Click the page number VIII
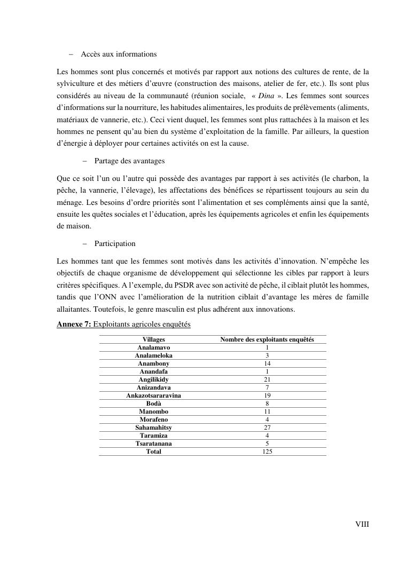(362, 524)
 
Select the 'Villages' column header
(153, 339)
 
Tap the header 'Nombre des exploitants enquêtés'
(267, 339)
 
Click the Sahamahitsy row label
(153, 428)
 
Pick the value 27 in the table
(267, 428)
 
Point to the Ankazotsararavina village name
(153, 395)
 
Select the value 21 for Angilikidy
(267, 379)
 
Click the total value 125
(267, 452)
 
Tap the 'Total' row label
(153, 452)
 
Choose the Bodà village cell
(153, 403)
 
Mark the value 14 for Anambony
(267, 363)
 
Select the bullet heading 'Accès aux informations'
(119, 54)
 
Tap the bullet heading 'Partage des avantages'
(129, 161)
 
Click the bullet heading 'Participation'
(115, 243)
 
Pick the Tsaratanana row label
(153, 444)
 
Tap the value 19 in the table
(267, 395)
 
